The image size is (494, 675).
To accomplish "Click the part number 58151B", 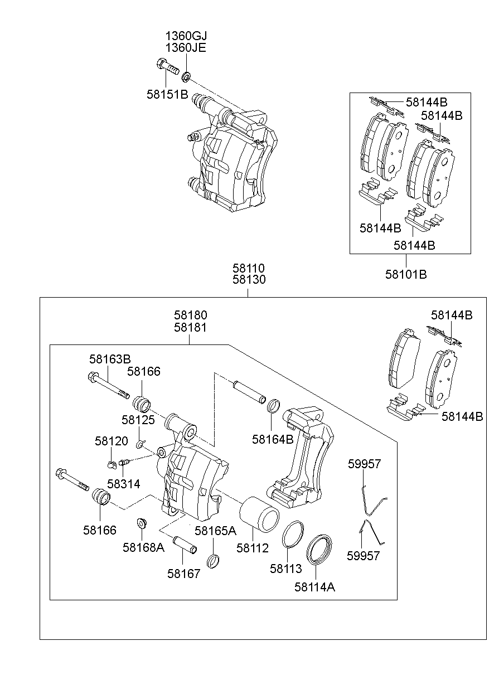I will tap(167, 94).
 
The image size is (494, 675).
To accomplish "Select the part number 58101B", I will tap(406, 274).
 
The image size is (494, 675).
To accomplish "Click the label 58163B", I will tap(110, 358).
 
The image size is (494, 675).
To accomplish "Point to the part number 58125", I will tap(139, 419).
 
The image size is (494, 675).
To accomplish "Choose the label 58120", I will tap(111, 441).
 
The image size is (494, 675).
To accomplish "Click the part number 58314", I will tap(124, 483).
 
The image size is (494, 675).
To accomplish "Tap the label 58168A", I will tap(143, 547).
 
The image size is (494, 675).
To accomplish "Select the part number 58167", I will tap(183, 573).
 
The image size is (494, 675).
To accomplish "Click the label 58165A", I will tap(216, 530).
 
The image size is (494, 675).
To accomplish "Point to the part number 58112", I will tap(252, 548).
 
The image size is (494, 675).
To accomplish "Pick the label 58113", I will tap(285, 569).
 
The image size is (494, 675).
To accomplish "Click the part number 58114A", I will tap(314, 586).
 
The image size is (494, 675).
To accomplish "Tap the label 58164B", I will tap(273, 439).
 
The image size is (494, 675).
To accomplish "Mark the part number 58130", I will tap(249, 280).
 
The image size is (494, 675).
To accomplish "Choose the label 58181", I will tap(190, 328).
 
